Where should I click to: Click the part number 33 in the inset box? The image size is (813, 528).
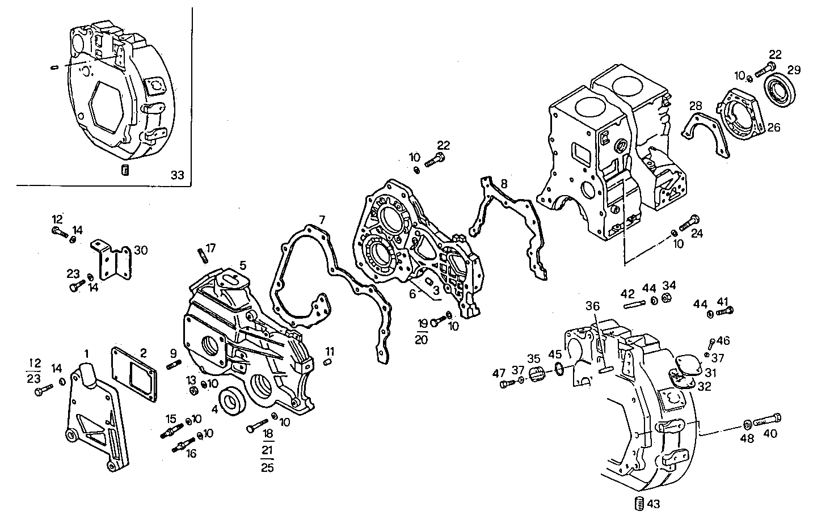tap(178, 176)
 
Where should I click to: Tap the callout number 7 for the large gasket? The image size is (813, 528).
tap(322, 219)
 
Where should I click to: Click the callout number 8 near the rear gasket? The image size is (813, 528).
tap(503, 184)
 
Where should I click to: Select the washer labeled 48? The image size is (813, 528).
tap(747, 424)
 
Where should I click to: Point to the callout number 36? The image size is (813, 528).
tap(592, 306)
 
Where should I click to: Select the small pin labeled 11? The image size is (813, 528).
tap(328, 363)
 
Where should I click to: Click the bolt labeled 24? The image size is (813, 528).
tap(689, 223)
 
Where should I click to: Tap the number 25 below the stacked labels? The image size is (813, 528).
tap(266, 468)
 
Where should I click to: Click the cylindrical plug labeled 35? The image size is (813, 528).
tap(537, 375)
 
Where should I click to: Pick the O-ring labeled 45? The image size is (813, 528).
tap(559, 370)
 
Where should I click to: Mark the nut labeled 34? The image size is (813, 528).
tap(668, 299)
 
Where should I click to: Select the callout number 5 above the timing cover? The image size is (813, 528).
tap(242, 265)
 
